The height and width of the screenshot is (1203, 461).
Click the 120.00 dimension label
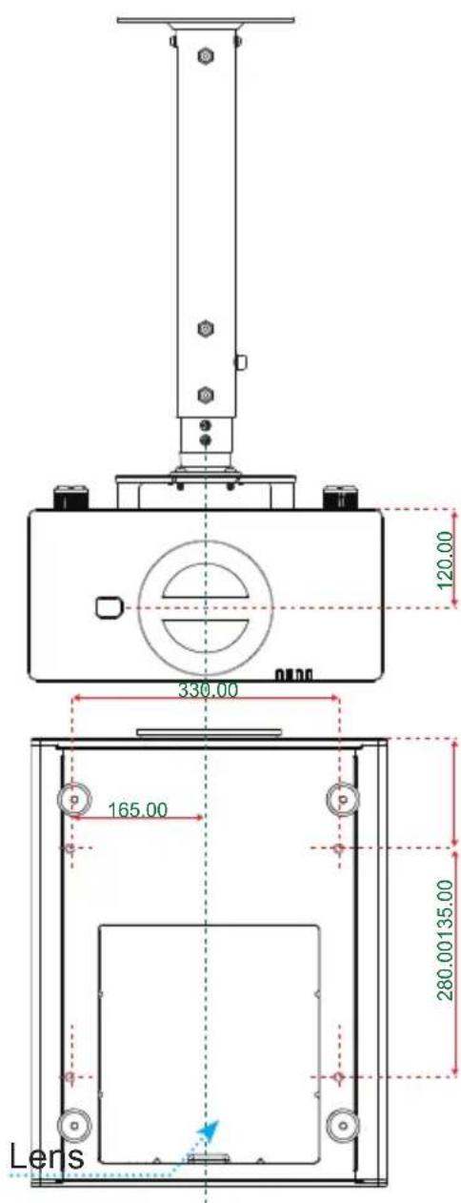[446, 560]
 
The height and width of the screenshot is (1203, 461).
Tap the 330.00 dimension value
[209, 690]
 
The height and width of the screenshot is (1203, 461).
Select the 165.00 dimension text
[138, 809]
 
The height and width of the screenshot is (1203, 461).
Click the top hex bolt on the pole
[205, 55]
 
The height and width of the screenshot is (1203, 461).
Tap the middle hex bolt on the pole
[205, 329]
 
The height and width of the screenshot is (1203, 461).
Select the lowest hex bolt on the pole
[205, 396]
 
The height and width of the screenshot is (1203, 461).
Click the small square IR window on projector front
[109, 607]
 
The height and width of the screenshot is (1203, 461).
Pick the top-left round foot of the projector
[74, 799]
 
